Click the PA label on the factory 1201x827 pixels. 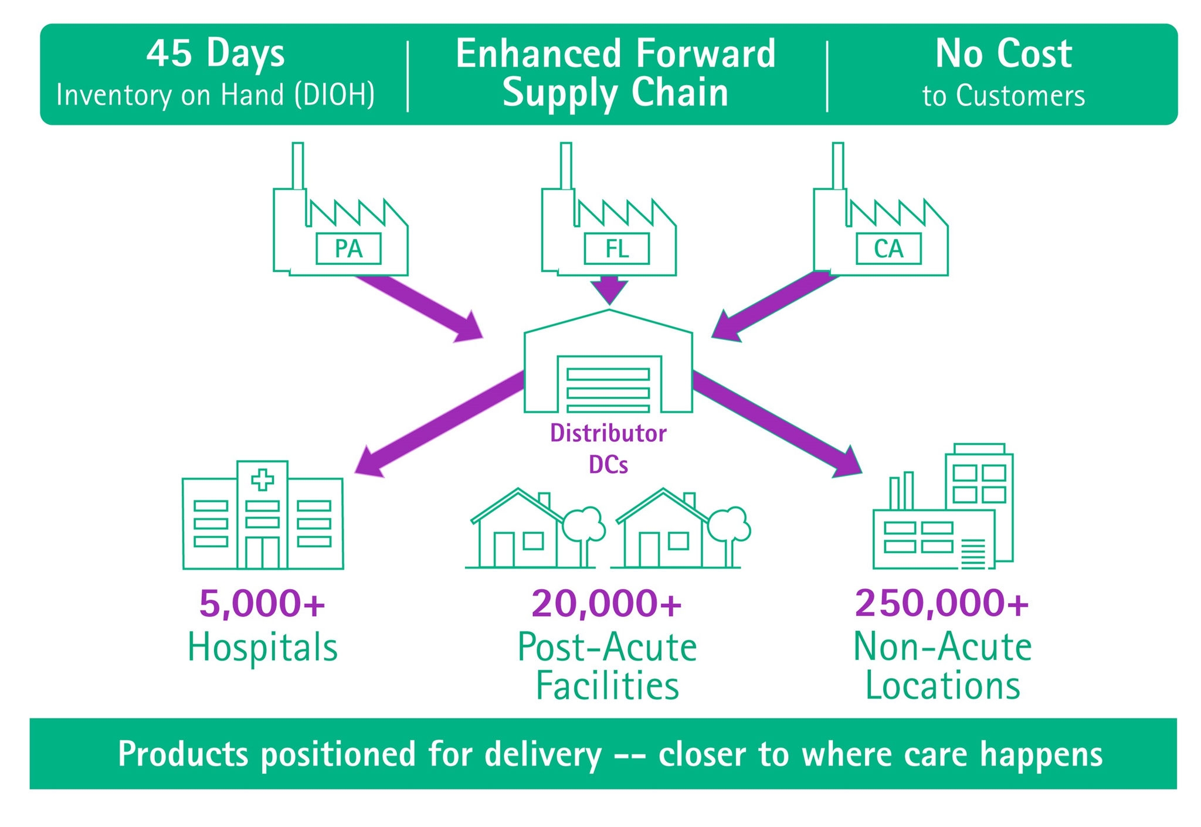pos(348,249)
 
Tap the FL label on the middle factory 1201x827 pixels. pos(616,249)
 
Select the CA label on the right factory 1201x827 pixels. pos(888,249)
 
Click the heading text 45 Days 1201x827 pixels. pos(215,54)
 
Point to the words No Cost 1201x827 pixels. pos(1003,54)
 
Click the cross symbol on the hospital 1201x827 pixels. pos(262,480)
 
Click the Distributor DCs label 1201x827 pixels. pos(608,449)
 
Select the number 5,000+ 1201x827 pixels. pos(262,604)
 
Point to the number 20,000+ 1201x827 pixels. pos(606,604)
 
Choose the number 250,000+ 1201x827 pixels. pos(942,604)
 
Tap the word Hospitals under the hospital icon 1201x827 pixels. pos(262,648)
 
